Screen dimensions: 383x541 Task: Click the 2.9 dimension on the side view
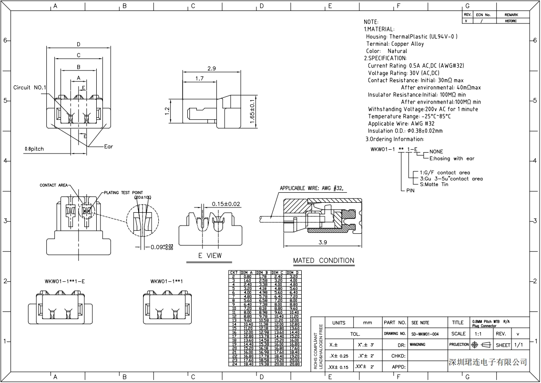[x=212, y=68]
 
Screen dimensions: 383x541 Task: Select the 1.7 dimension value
[x=199, y=78]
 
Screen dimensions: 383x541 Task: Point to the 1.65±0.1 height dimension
[x=253, y=112]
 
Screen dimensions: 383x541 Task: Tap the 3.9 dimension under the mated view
[x=323, y=242]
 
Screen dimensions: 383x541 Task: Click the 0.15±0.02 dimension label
[x=226, y=204]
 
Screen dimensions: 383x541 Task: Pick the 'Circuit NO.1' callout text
[x=30, y=88]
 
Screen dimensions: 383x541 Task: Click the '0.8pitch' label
[x=34, y=149]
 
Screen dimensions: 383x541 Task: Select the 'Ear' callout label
[x=109, y=146]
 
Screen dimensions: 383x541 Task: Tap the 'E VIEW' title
[x=210, y=256]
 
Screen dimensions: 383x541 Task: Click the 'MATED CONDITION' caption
[x=324, y=260]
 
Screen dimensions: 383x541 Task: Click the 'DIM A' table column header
[x=248, y=273]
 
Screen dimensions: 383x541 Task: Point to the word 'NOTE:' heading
[x=371, y=22]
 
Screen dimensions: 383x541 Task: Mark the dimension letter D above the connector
[x=79, y=44]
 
